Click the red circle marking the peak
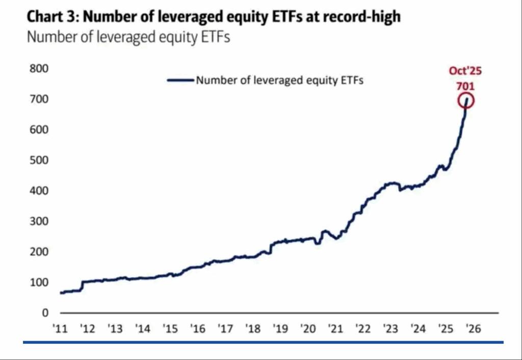point(466,100)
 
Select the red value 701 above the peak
point(465,86)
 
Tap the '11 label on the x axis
point(61,329)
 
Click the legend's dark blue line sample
point(180,80)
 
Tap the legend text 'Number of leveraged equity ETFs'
point(279,80)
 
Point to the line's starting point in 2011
point(61,293)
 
